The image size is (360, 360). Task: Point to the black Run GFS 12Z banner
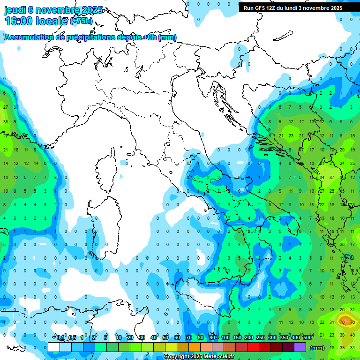point(293,8)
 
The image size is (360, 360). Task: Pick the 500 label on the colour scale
point(307,337)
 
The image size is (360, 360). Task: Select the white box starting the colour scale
point(54,347)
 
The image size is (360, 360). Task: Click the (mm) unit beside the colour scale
point(317,348)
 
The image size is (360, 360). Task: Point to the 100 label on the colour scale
point(225,337)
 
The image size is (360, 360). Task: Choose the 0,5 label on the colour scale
point(73,337)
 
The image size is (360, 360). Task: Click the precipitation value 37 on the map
point(332,178)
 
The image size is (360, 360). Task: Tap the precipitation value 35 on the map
point(6,122)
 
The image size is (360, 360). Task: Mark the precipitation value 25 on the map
point(352,164)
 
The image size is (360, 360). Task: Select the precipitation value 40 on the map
point(352,335)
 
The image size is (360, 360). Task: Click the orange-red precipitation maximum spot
point(346,322)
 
